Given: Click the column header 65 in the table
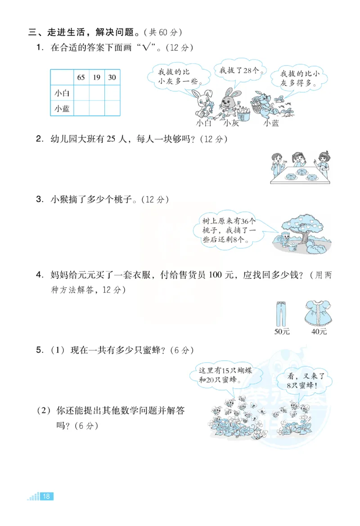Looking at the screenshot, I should (x=81, y=77).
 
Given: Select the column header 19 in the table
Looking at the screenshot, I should (x=97, y=77).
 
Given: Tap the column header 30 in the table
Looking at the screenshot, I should (x=112, y=77).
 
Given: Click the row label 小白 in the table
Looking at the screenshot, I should (x=62, y=93).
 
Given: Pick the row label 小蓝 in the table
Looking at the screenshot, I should (x=62, y=109).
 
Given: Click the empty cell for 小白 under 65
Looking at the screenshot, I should (x=81, y=93).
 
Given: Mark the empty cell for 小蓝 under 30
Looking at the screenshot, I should (x=112, y=109).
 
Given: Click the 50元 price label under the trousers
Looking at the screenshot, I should (x=282, y=332).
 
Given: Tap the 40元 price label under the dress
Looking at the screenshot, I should (x=319, y=332).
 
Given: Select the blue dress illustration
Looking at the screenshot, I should (x=319, y=313).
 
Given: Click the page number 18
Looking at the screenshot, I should (x=46, y=496).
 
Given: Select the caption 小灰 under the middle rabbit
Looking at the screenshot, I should (x=231, y=123).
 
